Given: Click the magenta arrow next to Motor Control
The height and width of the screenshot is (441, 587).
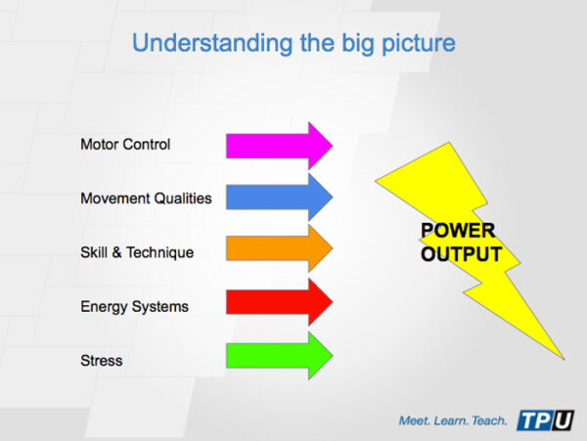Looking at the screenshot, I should (x=278, y=145).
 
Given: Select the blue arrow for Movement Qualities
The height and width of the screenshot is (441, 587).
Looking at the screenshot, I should (x=278, y=198).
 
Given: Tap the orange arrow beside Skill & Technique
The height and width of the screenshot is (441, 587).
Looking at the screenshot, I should (x=278, y=252).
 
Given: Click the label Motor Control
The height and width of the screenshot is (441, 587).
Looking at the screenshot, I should (x=125, y=145).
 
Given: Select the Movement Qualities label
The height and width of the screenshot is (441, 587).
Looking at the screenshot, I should (x=146, y=198).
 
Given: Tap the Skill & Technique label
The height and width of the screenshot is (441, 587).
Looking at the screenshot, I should (x=137, y=252).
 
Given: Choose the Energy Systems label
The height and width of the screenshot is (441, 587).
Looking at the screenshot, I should (x=134, y=307).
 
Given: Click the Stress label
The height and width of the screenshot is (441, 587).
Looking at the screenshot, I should (x=102, y=361).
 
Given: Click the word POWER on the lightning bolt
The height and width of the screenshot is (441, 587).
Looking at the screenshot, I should (x=458, y=232).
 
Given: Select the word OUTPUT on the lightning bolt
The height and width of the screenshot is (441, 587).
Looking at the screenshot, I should (x=461, y=254).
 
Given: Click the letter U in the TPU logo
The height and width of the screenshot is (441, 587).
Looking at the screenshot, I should (x=563, y=420).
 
